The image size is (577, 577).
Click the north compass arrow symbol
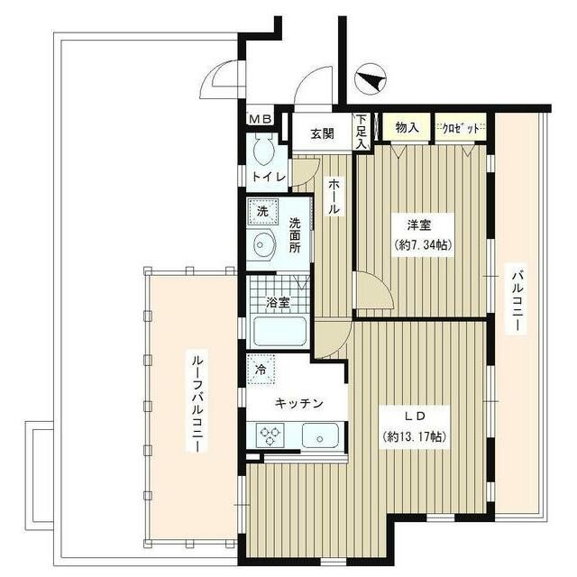pos(370,78)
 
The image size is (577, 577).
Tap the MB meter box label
pos(261,118)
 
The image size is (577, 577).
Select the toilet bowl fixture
pos(264,149)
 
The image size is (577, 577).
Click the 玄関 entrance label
pos(322,133)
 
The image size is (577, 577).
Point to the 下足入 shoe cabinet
pos(362,132)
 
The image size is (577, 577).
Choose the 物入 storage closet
pos(407,127)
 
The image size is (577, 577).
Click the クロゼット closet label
pos(461,128)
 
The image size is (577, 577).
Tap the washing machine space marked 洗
pos(262,212)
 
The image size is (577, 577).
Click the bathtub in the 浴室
pos(280,331)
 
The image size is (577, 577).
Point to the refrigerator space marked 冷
pos(261,370)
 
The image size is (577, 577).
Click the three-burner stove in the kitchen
pos(271,435)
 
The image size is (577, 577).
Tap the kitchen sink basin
pos(320,435)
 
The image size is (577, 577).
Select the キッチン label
pos(298,403)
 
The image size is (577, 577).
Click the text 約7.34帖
pos(423,244)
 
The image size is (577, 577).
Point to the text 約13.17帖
pos(415,436)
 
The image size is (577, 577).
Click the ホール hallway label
pos(334,197)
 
